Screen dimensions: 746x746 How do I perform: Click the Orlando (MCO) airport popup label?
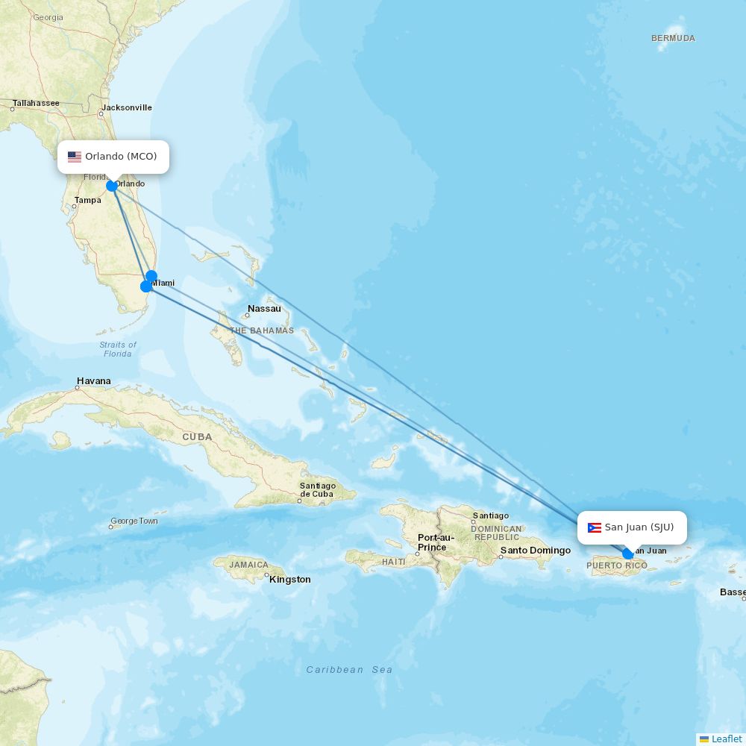click(113, 157)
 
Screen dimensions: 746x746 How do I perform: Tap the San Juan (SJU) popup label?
click(632, 527)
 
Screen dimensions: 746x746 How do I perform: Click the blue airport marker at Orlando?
click(112, 186)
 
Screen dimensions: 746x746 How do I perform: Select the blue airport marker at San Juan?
click(628, 554)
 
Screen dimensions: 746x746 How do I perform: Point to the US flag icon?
click(75, 157)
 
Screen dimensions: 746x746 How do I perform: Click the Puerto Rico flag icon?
click(595, 527)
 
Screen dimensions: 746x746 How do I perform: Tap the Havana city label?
click(93, 381)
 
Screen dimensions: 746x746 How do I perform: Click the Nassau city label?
click(264, 309)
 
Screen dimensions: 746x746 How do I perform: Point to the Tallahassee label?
click(36, 103)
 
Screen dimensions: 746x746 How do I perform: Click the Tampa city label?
click(87, 200)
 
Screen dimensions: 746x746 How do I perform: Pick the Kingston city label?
click(290, 580)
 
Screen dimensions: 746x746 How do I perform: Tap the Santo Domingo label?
click(535, 551)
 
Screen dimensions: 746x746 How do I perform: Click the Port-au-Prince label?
click(436, 542)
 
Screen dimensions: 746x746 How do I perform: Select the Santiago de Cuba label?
click(318, 490)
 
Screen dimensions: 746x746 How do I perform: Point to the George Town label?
click(134, 521)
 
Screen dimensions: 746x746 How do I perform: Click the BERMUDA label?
click(673, 38)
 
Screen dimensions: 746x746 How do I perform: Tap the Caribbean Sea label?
click(349, 670)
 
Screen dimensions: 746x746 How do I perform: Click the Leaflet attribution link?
click(726, 739)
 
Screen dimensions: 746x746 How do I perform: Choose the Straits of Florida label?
click(118, 349)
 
